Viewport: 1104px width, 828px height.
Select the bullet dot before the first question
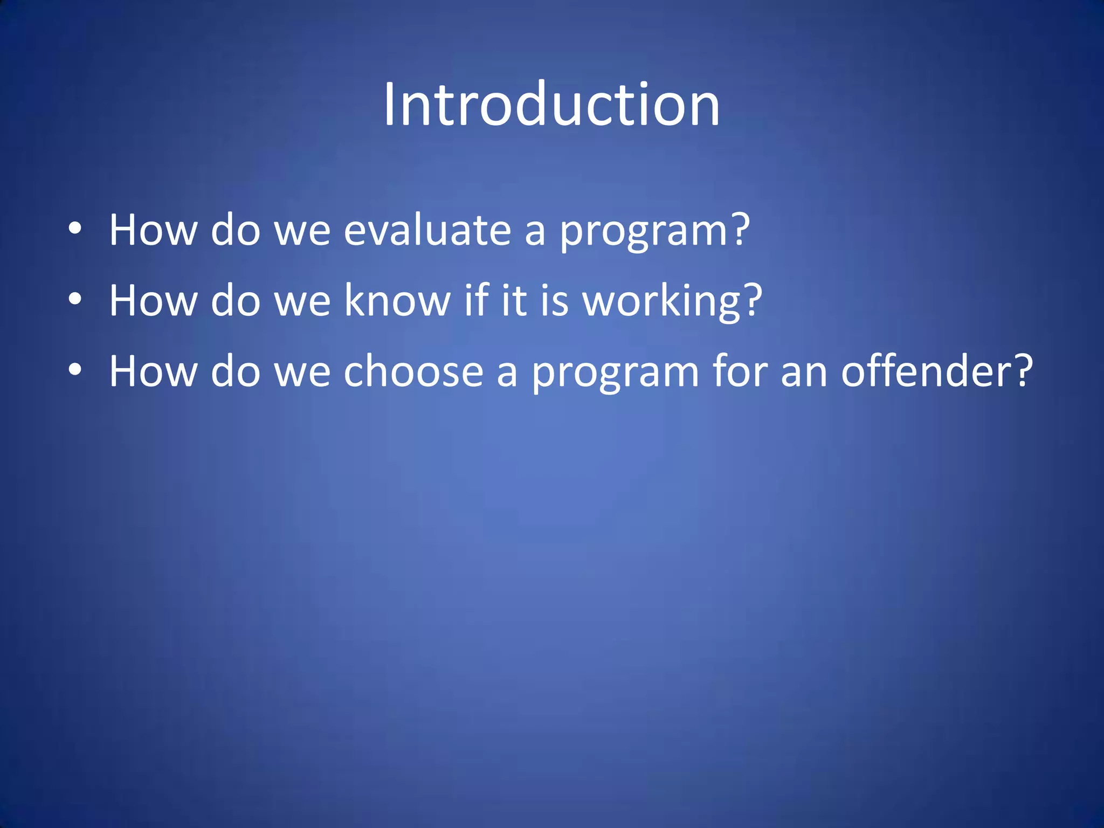click(x=75, y=229)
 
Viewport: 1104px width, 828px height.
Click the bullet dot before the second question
click(x=75, y=299)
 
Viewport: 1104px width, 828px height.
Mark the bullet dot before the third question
click(x=75, y=370)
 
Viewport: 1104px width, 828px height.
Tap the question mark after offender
click(x=1022, y=370)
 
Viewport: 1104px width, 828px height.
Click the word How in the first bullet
click(x=153, y=230)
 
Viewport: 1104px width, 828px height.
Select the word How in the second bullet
click(x=153, y=300)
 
